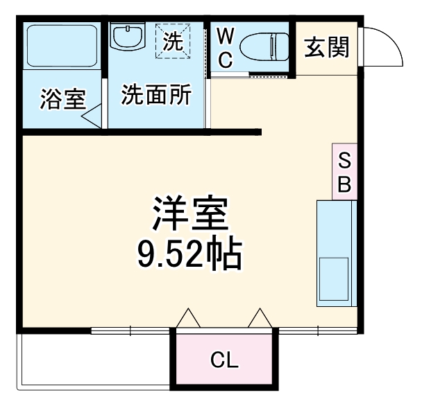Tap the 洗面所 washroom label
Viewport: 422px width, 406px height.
pyautogui.click(x=157, y=94)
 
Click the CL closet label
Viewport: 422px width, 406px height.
pyautogui.click(x=224, y=360)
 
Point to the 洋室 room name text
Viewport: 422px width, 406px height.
pyautogui.click(x=189, y=215)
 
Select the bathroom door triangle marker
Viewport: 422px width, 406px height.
pyautogui.click(x=92, y=116)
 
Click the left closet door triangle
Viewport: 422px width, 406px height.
pyautogui.click(x=188, y=319)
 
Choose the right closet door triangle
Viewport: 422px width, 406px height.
pyautogui.click(x=260, y=319)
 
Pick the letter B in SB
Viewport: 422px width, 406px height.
pyautogui.click(x=344, y=184)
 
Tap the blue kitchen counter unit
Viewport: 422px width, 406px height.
pyautogui.click(x=337, y=252)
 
